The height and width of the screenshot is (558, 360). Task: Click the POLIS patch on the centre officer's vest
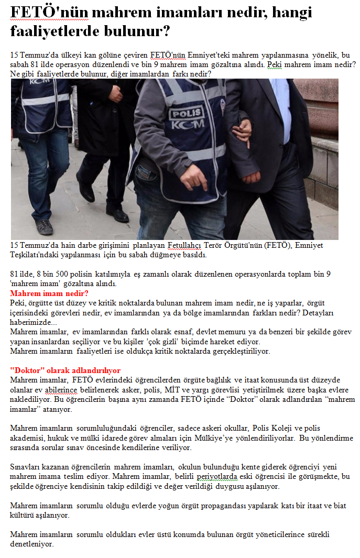point(188,112)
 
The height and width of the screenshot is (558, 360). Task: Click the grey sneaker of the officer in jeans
point(45,226)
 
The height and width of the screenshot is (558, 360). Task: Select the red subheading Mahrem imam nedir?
point(49,293)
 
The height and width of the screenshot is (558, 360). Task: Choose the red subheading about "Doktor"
point(65,370)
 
